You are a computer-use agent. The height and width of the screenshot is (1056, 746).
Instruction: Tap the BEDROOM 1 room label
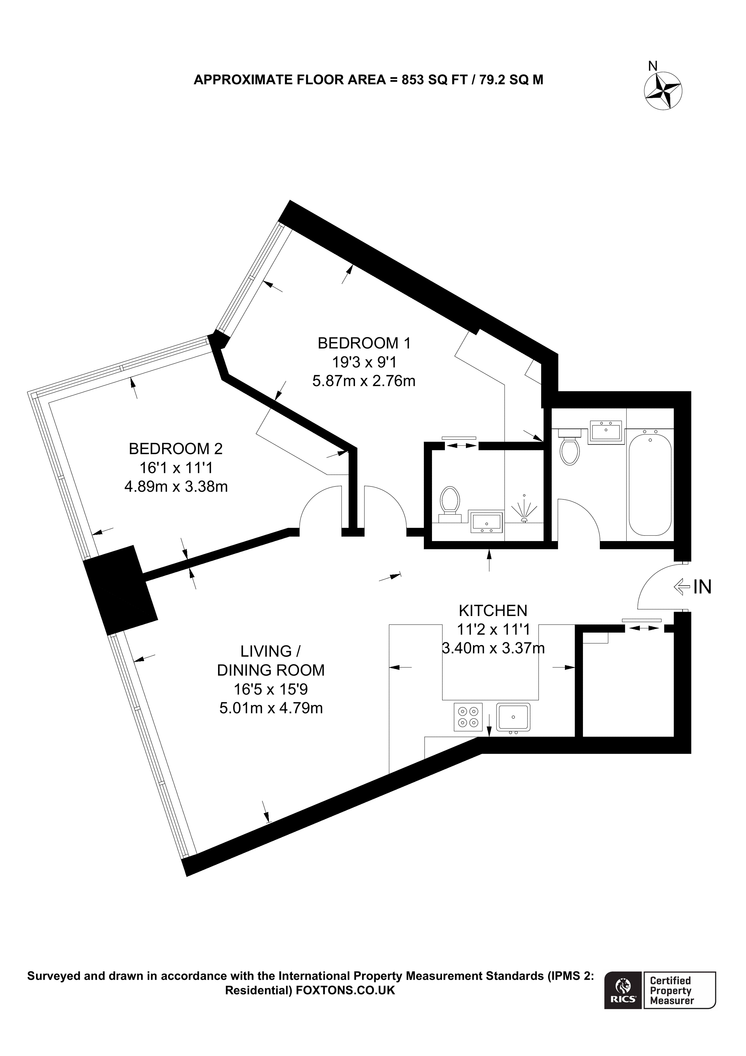point(364,343)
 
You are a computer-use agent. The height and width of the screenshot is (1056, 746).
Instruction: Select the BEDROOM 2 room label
point(176,448)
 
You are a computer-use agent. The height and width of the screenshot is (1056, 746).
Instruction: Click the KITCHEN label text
point(493,611)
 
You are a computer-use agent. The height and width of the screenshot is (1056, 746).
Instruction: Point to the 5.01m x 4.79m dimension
point(271,708)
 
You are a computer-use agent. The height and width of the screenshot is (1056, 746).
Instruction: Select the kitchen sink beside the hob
point(513,716)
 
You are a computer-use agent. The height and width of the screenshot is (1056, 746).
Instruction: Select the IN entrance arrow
point(682,587)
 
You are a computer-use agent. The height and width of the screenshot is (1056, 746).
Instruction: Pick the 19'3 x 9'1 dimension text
point(364,362)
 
